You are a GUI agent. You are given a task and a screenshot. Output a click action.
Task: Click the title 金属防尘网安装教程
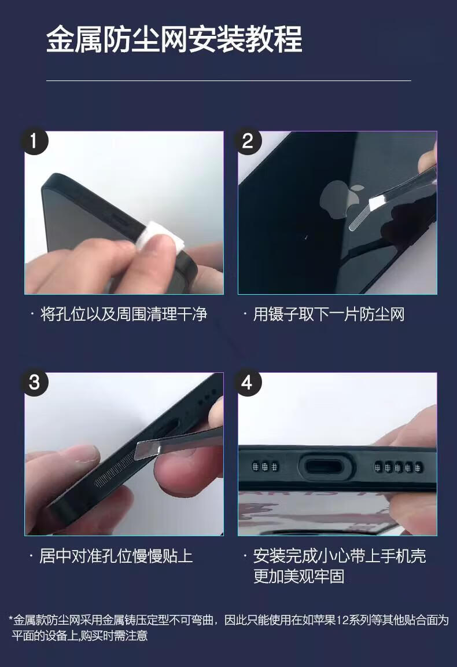(174, 39)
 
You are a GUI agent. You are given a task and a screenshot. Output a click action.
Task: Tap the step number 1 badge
(34, 141)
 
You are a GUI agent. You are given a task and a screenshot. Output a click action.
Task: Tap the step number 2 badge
(248, 141)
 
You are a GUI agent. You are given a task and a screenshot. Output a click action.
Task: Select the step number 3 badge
(34, 382)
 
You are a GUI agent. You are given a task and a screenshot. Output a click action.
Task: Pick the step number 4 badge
(248, 382)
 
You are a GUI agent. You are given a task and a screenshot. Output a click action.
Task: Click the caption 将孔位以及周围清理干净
(124, 314)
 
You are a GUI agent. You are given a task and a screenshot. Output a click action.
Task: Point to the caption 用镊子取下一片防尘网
(329, 314)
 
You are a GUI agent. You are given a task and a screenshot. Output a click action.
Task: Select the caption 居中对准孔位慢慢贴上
(116, 556)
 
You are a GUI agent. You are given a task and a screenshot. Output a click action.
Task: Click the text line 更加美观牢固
(298, 577)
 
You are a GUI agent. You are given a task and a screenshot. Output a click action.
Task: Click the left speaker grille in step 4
(265, 467)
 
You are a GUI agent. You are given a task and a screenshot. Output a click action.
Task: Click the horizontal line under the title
(228, 80)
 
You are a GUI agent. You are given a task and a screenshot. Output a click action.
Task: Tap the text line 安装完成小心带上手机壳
(340, 556)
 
